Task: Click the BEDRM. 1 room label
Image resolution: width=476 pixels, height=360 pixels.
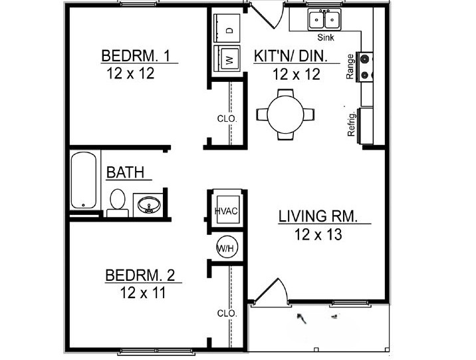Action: [136, 56]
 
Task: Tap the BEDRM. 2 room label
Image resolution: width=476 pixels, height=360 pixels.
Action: [140, 275]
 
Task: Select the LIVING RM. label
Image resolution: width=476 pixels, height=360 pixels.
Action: [318, 216]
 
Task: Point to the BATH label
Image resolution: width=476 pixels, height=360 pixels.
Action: [125, 172]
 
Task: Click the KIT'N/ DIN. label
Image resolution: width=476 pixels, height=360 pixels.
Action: [291, 56]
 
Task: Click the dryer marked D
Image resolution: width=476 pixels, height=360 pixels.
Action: [227, 28]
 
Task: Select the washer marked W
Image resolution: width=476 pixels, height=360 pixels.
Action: [227, 59]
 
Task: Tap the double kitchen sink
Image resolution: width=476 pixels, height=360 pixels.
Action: [324, 19]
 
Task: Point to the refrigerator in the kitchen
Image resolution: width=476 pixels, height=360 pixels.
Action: [366, 126]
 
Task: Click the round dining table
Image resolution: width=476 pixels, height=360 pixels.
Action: [285, 114]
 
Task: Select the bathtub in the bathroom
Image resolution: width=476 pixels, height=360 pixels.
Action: [84, 180]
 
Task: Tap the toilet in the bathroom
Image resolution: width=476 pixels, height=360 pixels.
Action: [118, 203]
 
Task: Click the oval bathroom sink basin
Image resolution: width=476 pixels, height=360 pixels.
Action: [149, 205]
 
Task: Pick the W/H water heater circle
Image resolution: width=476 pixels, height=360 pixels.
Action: [227, 248]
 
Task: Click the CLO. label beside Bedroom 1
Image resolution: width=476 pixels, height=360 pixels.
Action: [227, 119]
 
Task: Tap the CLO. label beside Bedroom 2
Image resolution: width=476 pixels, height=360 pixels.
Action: [227, 313]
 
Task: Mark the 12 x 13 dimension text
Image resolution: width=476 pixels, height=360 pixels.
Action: [318, 234]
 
